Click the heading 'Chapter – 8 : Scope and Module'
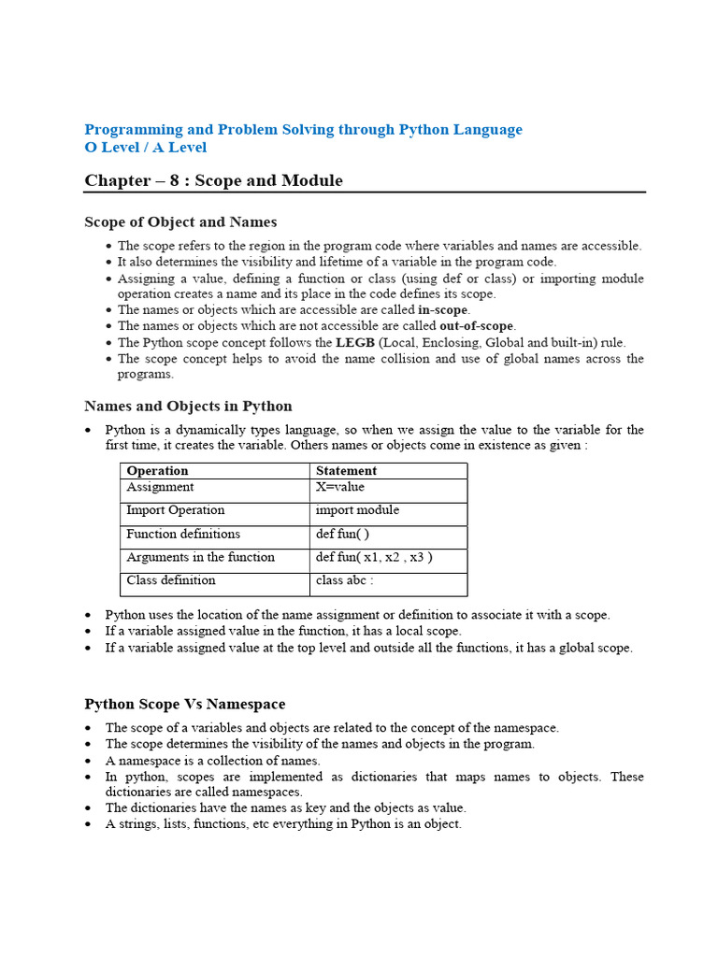[x=213, y=180]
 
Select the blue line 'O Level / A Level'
[x=145, y=148]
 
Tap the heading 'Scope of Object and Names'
[x=180, y=222]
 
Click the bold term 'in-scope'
[x=443, y=310]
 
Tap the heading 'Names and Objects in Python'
[x=188, y=407]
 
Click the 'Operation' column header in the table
[x=157, y=471]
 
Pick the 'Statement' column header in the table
[x=346, y=471]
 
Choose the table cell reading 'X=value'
[x=340, y=487]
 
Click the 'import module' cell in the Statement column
[x=357, y=510]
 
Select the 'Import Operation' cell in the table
[x=176, y=510]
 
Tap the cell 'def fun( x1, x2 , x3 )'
[x=374, y=557]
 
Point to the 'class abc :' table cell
[x=345, y=580]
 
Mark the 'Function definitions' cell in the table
[x=183, y=534]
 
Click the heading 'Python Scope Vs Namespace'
[x=185, y=705]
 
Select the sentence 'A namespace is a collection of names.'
[x=212, y=760]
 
